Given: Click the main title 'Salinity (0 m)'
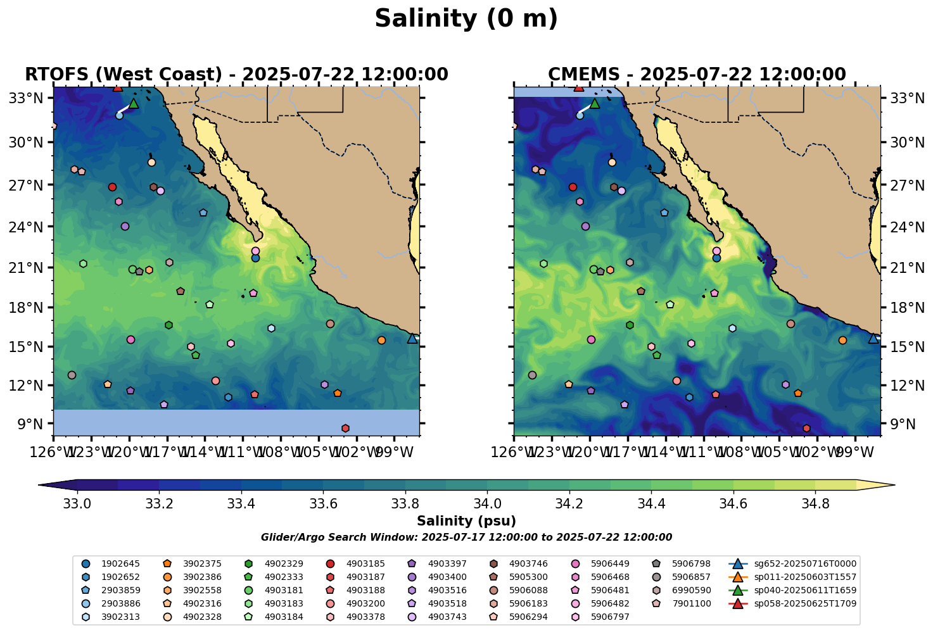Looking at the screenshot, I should pyautogui.click(x=466, y=19).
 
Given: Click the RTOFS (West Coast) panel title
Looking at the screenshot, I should pyautogui.click(x=236, y=75).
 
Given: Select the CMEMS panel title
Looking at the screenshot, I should pyautogui.click(x=697, y=75).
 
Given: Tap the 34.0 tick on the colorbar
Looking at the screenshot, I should pyautogui.click(x=487, y=504).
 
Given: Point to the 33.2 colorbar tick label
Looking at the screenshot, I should pyautogui.click(x=159, y=504).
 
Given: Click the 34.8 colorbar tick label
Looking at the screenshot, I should pyautogui.click(x=815, y=504).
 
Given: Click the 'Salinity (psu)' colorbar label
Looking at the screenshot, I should pyautogui.click(x=466, y=521).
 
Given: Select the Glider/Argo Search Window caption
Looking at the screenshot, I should pyautogui.click(x=466, y=538).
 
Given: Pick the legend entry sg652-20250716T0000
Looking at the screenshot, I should pyautogui.click(x=804, y=563).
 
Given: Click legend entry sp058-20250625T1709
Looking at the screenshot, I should pyautogui.click(x=804, y=603).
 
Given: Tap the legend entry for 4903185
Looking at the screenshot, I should pyautogui.click(x=367, y=563).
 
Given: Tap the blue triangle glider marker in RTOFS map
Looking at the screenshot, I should pyautogui.click(x=412, y=338).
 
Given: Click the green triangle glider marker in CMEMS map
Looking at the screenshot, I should pyautogui.click(x=594, y=103).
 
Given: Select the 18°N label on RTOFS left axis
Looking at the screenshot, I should pyautogui.click(x=30, y=308).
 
